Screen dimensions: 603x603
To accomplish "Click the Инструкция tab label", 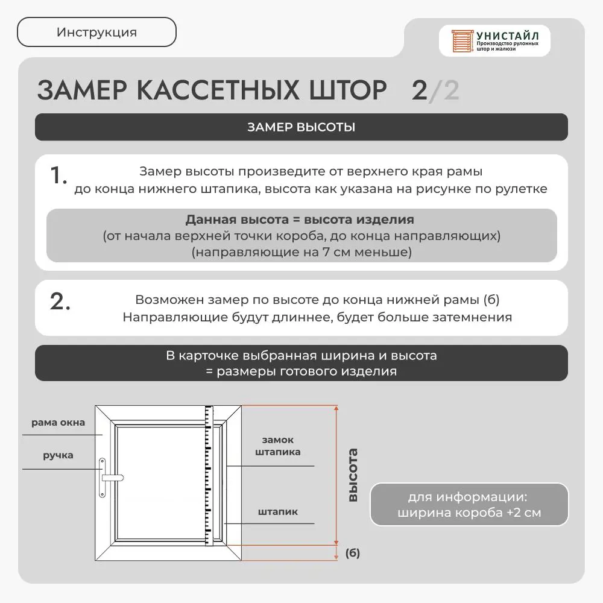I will coord(96,33).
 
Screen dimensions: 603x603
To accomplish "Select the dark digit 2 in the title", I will coord(420,90).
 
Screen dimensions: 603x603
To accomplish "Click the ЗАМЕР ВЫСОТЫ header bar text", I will coord(301,127).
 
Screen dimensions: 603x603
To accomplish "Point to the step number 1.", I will coord(58,176).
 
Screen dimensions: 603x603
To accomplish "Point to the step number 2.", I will coord(60,301).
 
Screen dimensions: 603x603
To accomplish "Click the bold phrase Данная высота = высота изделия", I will coord(300,219).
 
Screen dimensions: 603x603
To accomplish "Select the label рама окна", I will coord(58,423).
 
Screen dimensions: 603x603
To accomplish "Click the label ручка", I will coord(58,455).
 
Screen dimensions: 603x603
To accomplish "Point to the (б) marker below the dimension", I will coord(353,553).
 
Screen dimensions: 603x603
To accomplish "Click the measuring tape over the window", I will coord(210,476).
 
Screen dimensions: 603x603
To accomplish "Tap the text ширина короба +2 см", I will coord(469,514).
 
